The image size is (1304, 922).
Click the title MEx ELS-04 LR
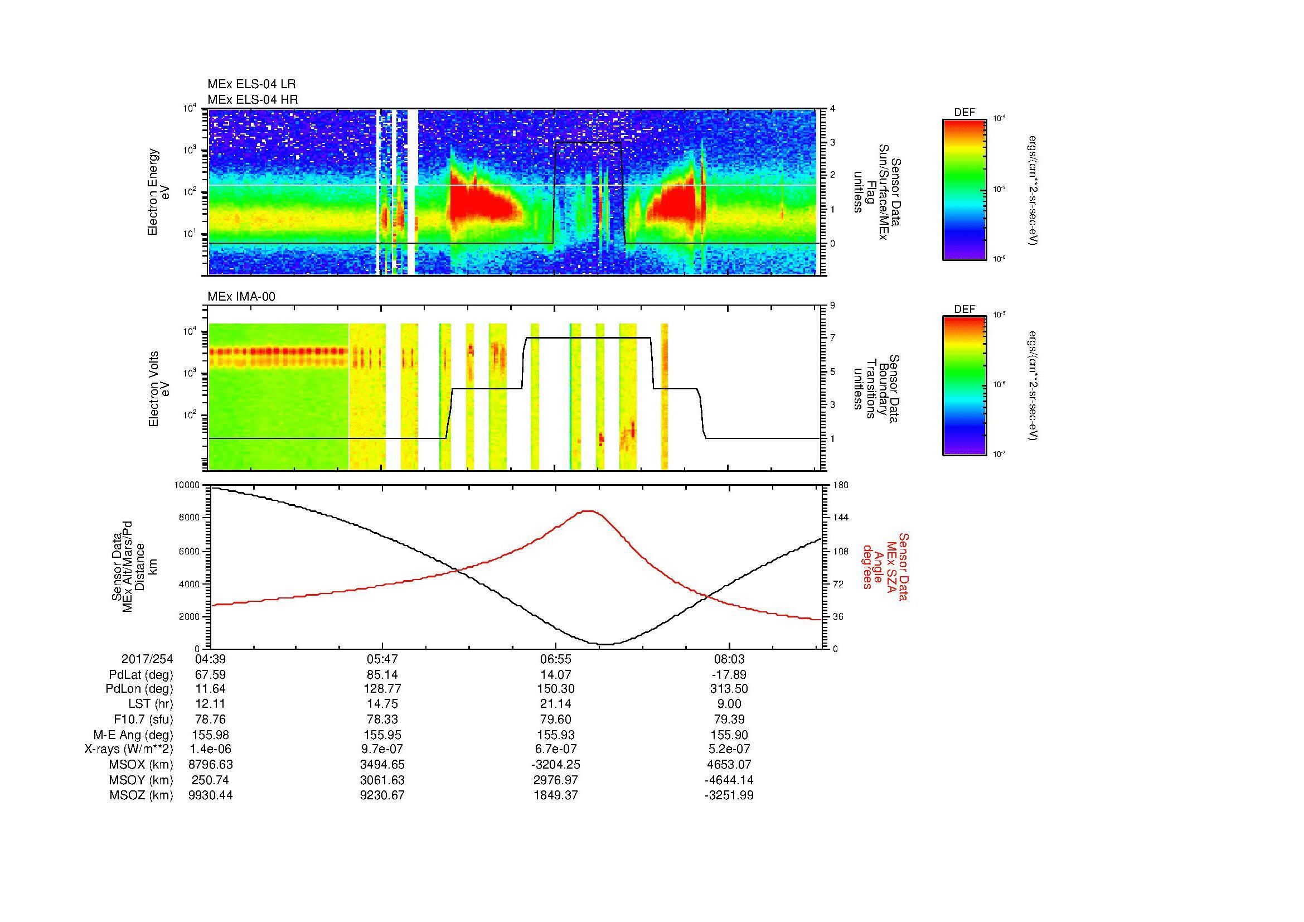pyautogui.click(x=251, y=84)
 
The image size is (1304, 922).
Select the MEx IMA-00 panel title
pyautogui.click(x=241, y=296)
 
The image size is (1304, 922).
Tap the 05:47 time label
pyautogui.click(x=383, y=659)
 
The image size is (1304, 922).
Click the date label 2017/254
pyautogui.click(x=147, y=659)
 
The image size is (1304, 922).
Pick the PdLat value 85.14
pyautogui.click(x=383, y=674)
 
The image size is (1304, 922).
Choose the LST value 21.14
pyautogui.click(x=556, y=704)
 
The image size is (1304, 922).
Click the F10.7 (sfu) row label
pyautogui.click(x=143, y=719)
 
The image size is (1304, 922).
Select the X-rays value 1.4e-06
pyautogui.click(x=210, y=749)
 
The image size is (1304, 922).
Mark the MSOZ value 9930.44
pyautogui.click(x=210, y=795)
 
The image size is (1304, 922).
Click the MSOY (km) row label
pyautogui.click(x=142, y=780)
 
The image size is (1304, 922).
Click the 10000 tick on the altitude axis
pyautogui.click(x=187, y=485)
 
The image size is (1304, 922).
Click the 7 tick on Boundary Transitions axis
pyautogui.click(x=832, y=338)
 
